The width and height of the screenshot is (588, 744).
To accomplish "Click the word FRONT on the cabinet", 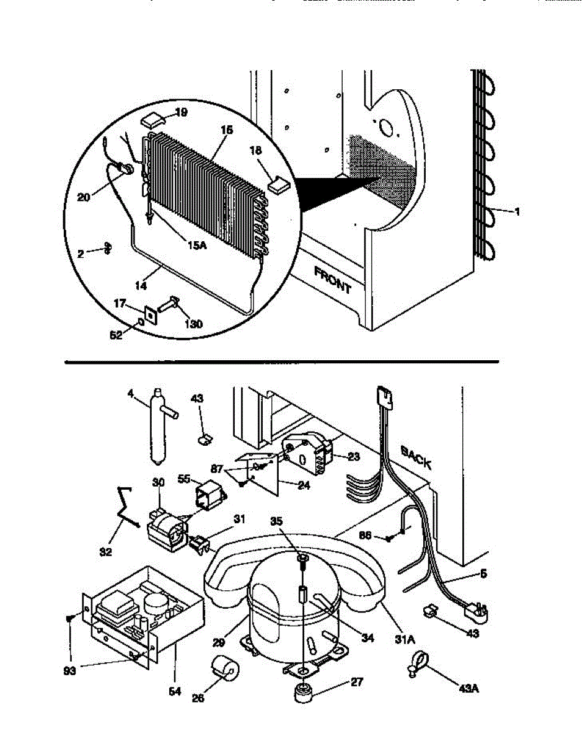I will tap(333, 280).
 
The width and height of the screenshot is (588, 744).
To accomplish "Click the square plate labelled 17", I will tap(149, 314).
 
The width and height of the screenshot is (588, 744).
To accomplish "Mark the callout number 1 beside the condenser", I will tap(517, 211).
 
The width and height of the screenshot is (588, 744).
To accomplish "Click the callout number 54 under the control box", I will tap(175, 691).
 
